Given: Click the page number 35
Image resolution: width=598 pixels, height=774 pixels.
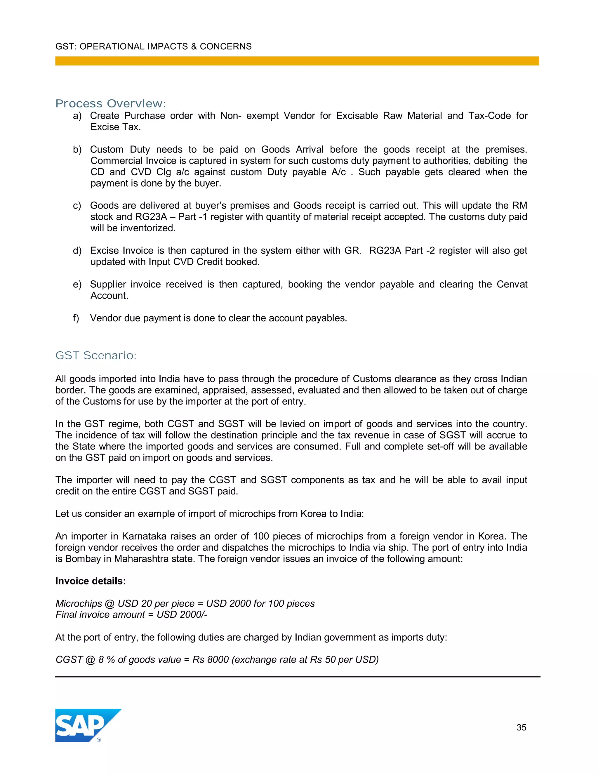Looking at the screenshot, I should (521, 727).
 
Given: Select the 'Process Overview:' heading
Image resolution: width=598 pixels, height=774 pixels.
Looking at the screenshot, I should (111, 103).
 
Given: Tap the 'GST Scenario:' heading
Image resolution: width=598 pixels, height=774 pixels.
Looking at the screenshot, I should (96, 355).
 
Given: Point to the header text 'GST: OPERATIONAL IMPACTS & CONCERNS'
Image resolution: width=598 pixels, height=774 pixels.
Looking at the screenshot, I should (153, 46).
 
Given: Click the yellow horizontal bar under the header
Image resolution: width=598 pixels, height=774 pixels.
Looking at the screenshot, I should (297, 61).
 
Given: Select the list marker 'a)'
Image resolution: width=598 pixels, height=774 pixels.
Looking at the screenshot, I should (77, 116).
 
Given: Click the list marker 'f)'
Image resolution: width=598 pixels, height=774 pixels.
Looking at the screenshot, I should (76, 318).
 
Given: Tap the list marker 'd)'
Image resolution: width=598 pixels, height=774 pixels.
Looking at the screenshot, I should (77, 251).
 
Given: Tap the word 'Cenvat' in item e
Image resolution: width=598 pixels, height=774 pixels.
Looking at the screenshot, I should (512, 284).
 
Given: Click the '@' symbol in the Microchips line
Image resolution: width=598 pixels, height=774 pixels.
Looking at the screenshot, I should (109, 603).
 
